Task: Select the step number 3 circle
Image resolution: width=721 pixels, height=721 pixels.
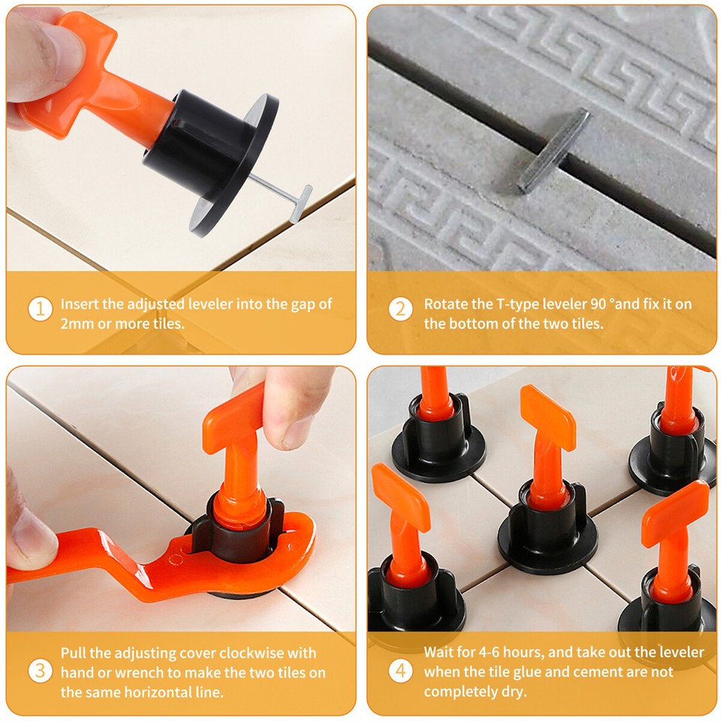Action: tap(40, 671)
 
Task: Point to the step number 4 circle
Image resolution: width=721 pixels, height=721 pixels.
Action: tap(400, 671)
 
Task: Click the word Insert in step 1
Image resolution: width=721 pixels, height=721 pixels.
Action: tap(79, 304)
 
